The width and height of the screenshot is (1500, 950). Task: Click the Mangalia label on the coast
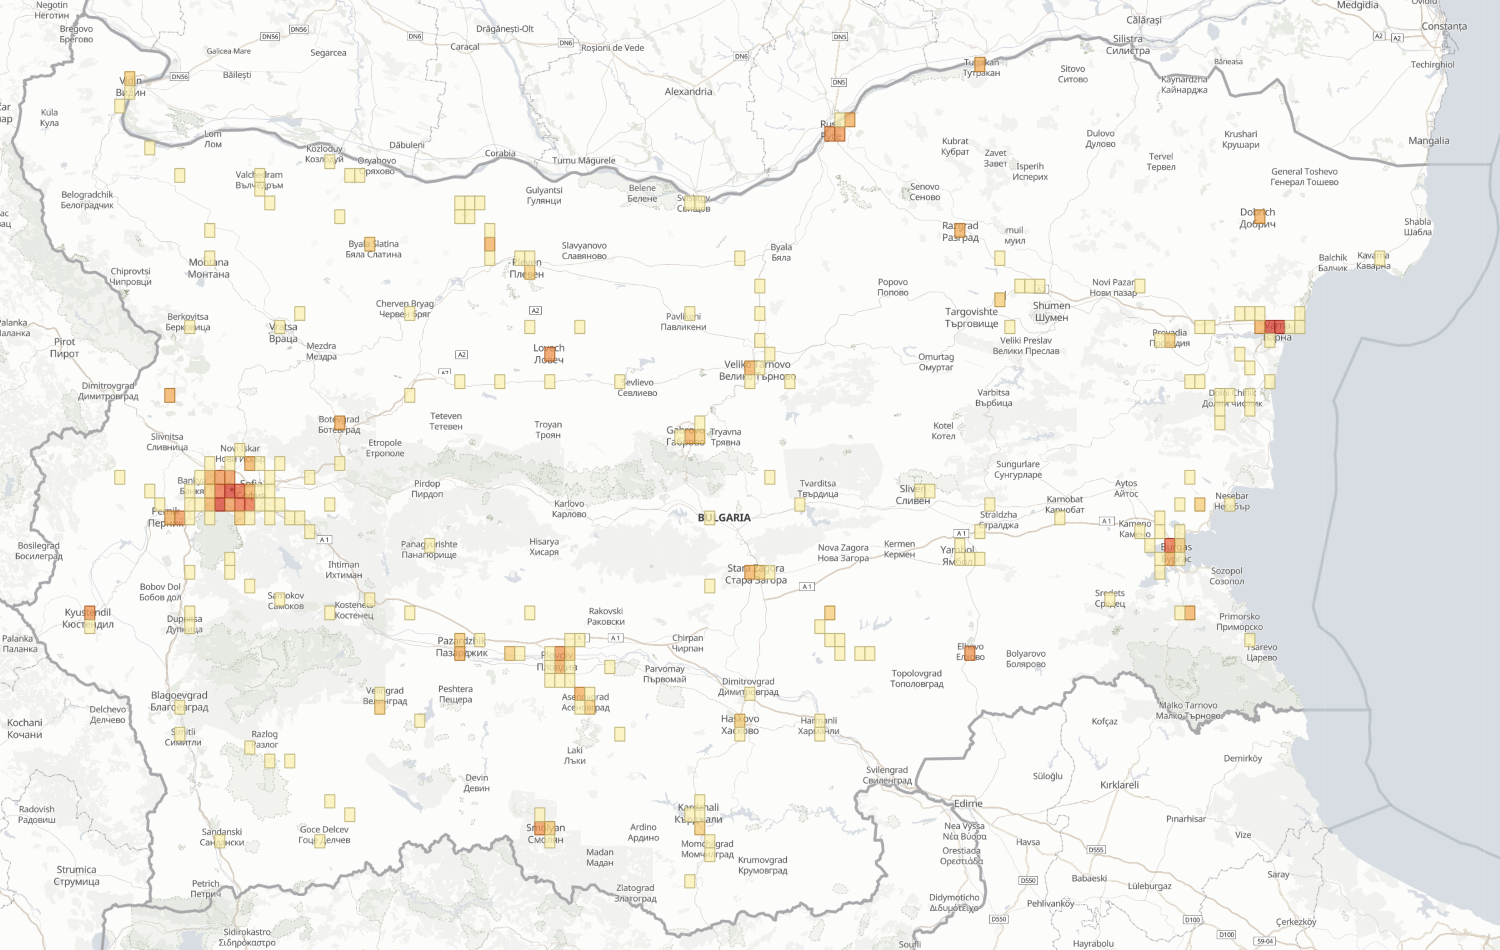1428,141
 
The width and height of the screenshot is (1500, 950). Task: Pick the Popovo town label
892,287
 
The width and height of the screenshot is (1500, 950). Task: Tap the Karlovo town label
569,509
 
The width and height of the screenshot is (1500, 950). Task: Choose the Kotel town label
943,430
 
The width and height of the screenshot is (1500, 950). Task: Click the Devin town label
477,782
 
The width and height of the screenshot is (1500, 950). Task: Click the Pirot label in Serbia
64,347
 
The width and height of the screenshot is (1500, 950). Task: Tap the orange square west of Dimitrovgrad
170,395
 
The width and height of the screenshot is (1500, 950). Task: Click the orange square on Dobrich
1259,216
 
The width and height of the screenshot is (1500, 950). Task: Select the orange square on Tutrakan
979,63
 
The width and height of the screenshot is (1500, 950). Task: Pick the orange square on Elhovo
969,653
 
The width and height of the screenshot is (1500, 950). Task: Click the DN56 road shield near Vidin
180,77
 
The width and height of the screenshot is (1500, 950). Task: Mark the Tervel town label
1160,161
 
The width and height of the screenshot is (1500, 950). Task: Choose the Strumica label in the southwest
77,875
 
